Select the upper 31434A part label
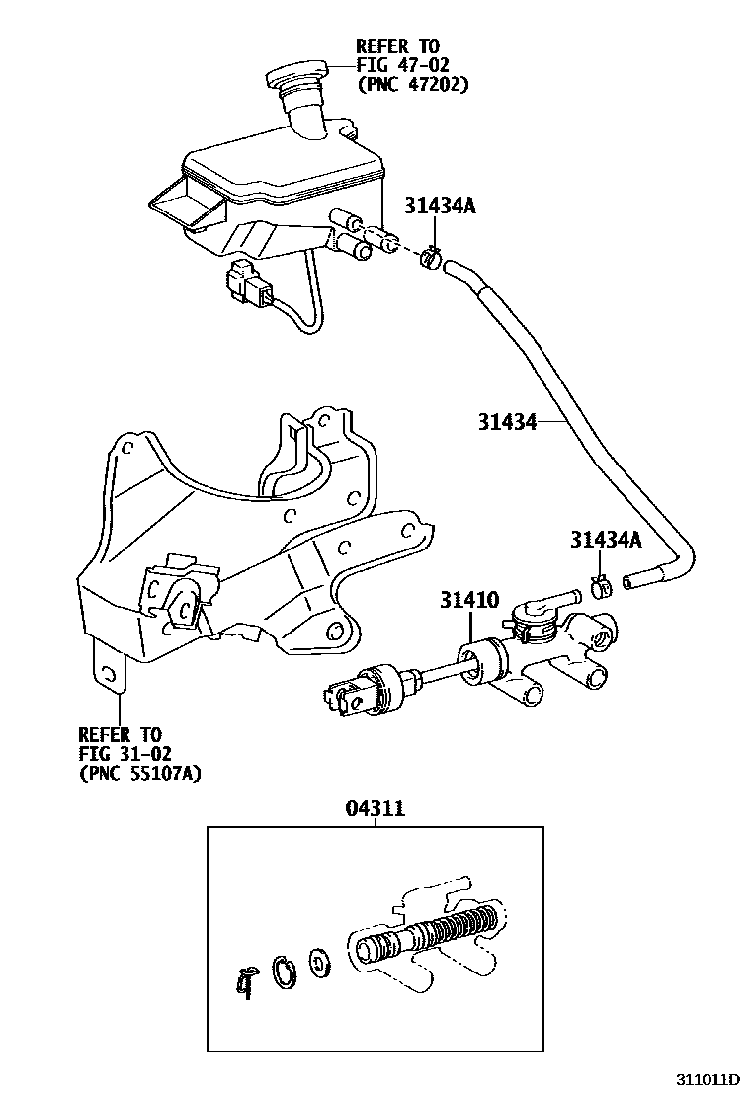tap(440, 206)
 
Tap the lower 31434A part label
tap(606, 540)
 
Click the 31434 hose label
tap(508, 422)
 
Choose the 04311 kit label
tap(375, 809)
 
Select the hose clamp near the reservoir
tap(430, 258)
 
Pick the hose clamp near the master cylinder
tap(601, 585)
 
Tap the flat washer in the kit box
tap(319, 960)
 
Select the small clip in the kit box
tap(247, 981)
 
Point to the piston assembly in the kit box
tap(435, 934)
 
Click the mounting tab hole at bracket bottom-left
tap(109, 675)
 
